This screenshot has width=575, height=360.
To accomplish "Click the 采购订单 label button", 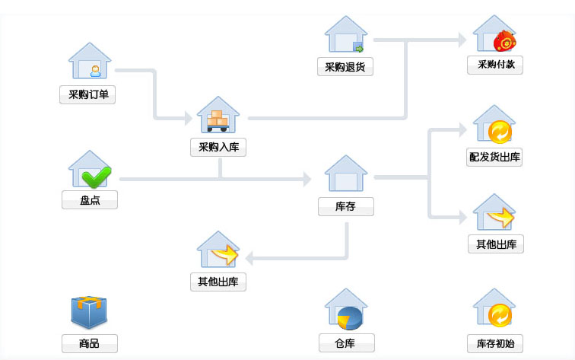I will click(87, 95).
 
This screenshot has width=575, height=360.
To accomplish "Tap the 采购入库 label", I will click(218, 148).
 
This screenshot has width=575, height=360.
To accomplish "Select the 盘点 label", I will click(90, 200).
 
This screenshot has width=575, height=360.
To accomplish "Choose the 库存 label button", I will click(346, 207).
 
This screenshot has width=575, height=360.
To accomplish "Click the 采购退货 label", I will click(345, 67).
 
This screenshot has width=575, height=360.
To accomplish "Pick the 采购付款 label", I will click(495, 65).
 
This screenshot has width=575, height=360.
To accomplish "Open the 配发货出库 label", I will click(494, 158).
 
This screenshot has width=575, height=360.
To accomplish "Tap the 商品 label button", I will click(90, 344).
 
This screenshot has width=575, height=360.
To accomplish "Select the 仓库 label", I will click(346, 343).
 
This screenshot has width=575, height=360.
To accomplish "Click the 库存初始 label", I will click(495, 344).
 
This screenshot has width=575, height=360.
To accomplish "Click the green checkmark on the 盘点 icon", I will click(97, 177).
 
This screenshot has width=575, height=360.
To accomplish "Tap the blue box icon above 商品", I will click(89, 312).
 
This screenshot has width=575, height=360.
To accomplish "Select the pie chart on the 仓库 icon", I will click(350, 317).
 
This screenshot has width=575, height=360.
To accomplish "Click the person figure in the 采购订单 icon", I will click(96, 71).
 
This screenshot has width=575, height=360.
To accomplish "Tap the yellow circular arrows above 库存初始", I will click(500, 314).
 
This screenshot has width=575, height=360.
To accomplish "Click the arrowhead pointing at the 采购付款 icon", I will click(462, 40).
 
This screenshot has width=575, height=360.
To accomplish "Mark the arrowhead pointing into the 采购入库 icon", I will click(188, 118).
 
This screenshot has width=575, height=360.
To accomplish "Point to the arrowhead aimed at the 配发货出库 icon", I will click(462, 130).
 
